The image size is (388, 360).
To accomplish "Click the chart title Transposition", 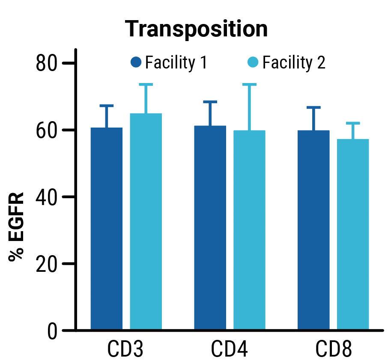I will point(197,29).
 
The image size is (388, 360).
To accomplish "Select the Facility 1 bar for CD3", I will point(107,229).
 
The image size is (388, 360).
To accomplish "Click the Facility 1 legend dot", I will point(136,62).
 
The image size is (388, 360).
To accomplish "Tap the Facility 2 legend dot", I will point(253,62).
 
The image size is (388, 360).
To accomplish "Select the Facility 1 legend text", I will point(176,63).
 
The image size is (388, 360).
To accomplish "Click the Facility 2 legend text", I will point(294,63).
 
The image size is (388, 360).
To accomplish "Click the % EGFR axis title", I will point(16,226).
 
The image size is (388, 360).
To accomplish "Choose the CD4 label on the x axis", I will point(229,350).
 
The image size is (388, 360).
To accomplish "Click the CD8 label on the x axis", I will point(334,350).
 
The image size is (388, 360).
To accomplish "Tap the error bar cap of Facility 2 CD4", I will point(249,84).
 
